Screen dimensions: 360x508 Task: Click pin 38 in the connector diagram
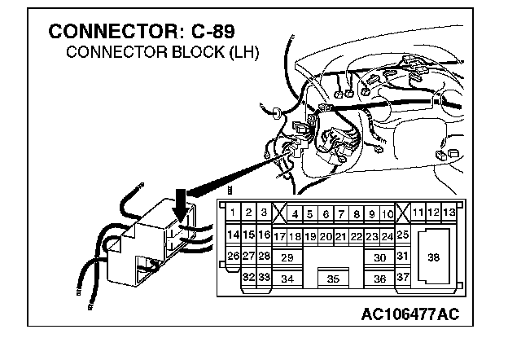click(x=433, y=257)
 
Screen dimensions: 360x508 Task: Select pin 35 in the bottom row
click(x=332, y=279)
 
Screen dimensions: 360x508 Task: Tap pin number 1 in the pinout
click(x=233, y=213)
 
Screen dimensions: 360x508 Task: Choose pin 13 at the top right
click(x=449, y=213)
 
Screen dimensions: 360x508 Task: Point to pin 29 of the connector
click(x=287, y=257)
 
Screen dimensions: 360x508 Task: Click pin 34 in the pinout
click(x=287, y=279)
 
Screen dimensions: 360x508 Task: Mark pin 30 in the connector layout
click(x=379, y=257)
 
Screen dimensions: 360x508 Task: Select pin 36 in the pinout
click(x=379, y=279)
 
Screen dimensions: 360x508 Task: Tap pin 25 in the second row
click(x=402, y=235)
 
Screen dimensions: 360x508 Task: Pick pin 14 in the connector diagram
click(x=232, y=235)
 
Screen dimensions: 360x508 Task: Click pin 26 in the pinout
click(x=233, y=257)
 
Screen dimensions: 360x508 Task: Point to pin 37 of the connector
click(x=402, y=278)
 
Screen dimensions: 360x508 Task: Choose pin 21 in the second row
click(x=341, y=236)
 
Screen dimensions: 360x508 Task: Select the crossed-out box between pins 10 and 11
click(x=403, y=213)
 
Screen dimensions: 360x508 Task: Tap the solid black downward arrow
click(x=183, y=203)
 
